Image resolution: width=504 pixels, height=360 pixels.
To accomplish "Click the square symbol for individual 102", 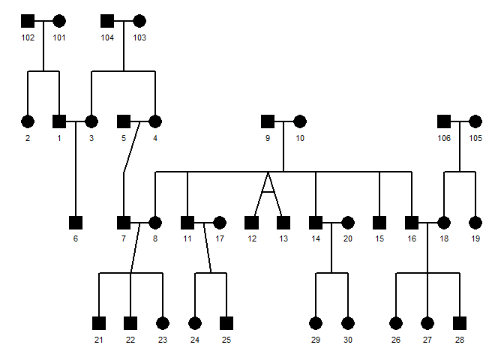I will click(x=28, y=21).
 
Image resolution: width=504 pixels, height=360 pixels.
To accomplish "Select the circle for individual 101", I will click(x=59, y=21).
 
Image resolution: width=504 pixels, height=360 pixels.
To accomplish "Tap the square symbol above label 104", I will click(x=107, y=21).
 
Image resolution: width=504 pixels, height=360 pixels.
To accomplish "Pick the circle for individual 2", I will click(x=28, y=121).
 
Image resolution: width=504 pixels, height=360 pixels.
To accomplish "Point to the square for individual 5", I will click(x=124, y=121).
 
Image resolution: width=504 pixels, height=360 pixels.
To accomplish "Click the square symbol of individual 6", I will click(x=75, y=222).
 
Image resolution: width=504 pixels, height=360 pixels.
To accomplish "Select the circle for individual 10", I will click(x=299, y=121).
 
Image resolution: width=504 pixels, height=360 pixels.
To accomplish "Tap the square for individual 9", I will click(x=267, y=121).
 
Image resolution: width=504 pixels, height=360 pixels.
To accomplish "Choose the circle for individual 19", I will click(x=475, y=222).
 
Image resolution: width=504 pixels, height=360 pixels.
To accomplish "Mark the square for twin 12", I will click(x=251, y=222).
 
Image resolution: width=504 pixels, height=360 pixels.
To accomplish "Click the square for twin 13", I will click(x=283, y=222).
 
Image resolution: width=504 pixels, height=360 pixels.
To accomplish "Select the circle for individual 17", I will click(x=219, y=222).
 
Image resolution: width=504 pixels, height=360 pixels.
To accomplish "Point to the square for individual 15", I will click(x=379, y=222).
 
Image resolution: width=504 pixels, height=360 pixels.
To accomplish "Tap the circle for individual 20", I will click(x=347, y=222).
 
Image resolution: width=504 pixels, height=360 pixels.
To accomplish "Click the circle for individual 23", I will click(x=163, y=323).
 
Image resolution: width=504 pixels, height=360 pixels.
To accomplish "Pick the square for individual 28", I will click(x=459, y=323).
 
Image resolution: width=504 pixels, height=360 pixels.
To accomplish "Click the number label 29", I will click(x=316, y=340).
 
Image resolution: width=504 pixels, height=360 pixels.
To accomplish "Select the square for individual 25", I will click(x=226, y=323).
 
